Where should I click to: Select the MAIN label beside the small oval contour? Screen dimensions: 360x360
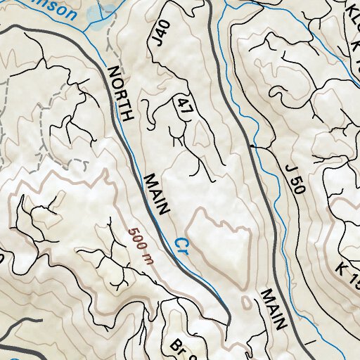click(274, 310)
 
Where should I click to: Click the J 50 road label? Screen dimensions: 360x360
click(293, 180)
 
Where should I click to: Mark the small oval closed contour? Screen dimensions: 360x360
click(244, 303)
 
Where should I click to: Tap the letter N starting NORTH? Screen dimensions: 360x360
click(112, 71)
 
